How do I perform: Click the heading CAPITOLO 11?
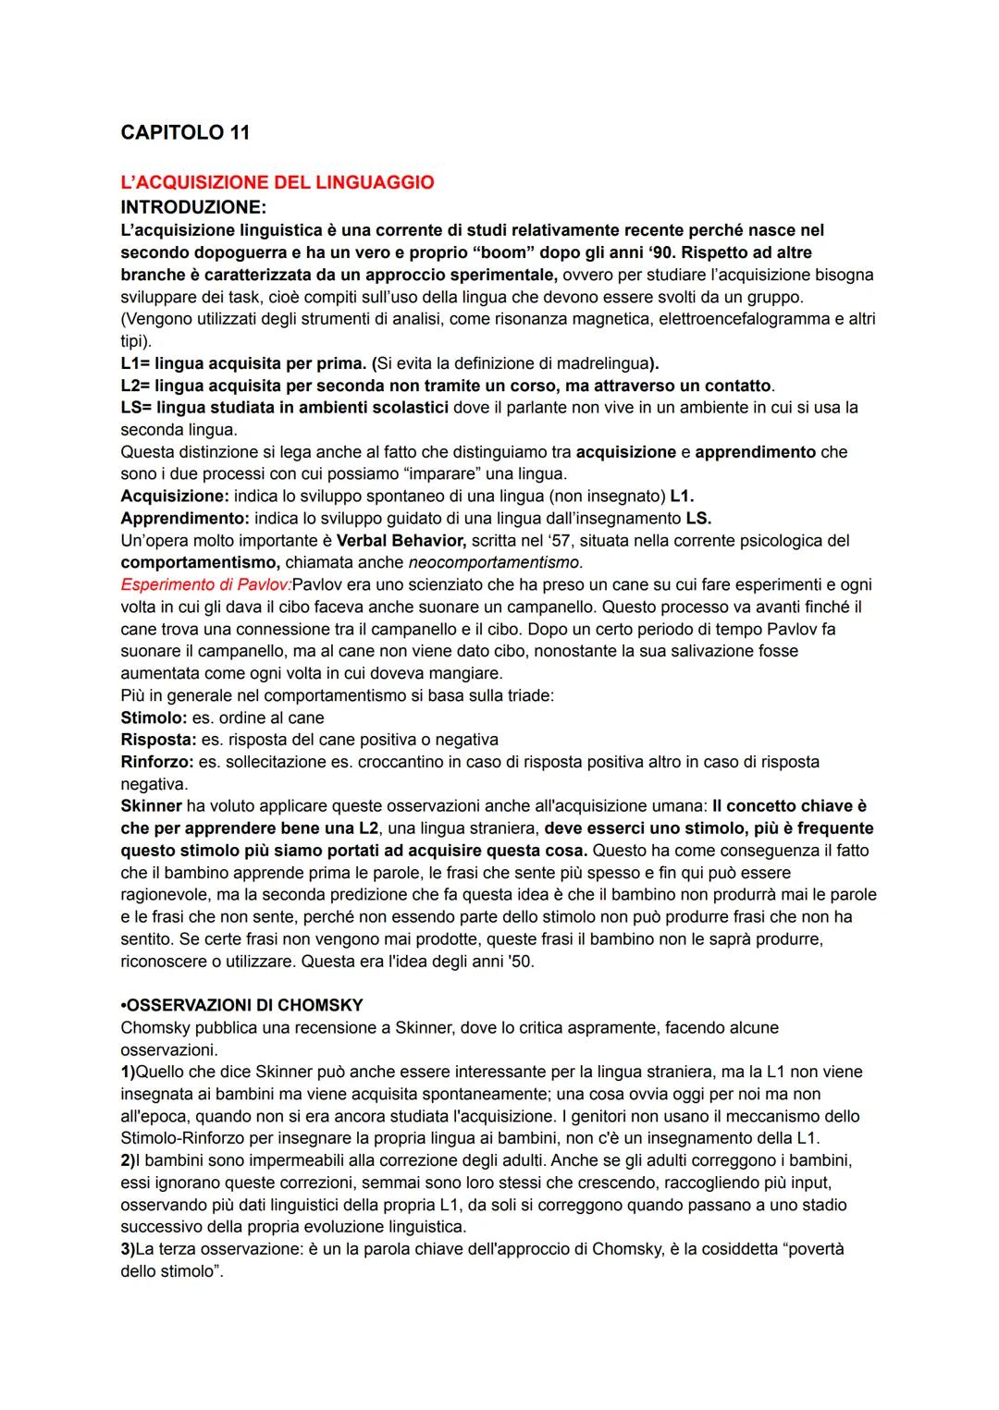click(185, 132)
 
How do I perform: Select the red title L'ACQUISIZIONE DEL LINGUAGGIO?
click(277, 182)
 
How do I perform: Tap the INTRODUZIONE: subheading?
click(192, 206)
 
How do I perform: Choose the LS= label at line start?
click(136, 408)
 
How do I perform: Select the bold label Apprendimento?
click(184, 519)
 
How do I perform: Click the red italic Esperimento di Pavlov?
click(205, 585)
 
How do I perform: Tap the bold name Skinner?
click(151, 806)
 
